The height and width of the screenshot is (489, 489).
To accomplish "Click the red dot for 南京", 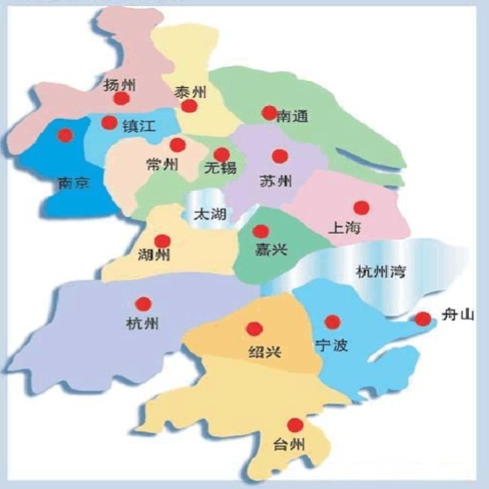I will (64, 135).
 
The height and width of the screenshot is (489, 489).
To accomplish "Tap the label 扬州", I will (118, 84).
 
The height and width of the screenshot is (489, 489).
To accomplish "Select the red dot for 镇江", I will (109, 123).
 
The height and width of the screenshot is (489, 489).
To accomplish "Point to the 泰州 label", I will (189, 91).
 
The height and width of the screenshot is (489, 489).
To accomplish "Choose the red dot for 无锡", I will (222, 155).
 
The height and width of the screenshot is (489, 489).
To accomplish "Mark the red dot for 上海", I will (361, 208).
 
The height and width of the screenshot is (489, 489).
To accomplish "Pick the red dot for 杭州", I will (143, 303).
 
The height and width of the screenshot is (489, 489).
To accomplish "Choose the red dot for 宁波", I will (332, 322).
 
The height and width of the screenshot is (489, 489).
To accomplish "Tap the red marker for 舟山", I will (423, 318).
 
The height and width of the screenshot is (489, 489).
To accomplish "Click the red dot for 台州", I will (296, 425).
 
